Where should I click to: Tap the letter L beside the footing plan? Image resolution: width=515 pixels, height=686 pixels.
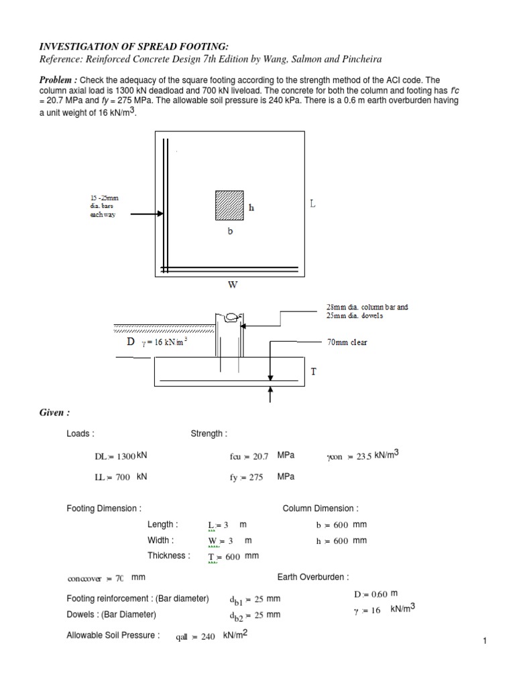(312, 202)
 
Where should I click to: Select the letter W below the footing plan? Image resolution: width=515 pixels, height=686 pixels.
(233, 285)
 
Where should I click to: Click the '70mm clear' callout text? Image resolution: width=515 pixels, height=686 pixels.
(347, 342)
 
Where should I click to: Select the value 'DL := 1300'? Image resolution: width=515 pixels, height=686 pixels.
(115, 456)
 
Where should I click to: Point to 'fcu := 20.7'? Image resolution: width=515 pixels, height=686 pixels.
(248, 456)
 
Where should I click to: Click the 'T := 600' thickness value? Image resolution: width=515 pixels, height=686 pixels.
(224, 557)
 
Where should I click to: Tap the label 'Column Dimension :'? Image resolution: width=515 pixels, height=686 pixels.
(320, 508)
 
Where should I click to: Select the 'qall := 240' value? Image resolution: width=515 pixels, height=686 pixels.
(195, 637)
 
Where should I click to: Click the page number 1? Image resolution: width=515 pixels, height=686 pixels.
(483, 642)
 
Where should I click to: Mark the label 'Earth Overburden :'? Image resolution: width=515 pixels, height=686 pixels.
(313, 577)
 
